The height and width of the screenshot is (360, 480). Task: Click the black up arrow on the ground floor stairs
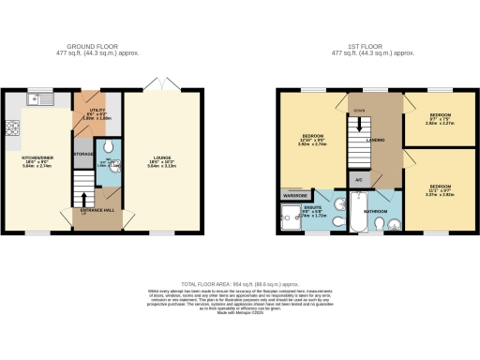(x=83, y=198)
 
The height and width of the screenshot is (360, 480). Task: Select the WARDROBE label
(x=294, y=195)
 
